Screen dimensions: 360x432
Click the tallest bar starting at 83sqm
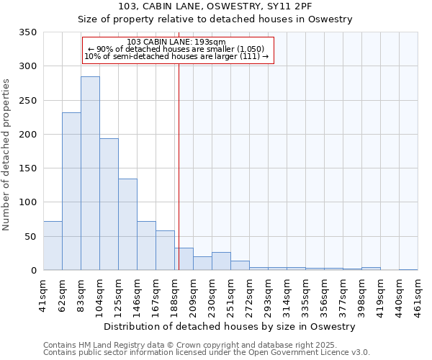tap(90, 173)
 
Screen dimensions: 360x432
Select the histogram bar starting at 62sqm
tap(71, 191)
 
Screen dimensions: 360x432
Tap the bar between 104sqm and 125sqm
tap(109, 204)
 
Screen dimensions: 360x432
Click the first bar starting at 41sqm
tap(53, 246)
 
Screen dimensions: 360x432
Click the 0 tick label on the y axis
tap(33, 271)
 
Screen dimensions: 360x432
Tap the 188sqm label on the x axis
tap(175, 294)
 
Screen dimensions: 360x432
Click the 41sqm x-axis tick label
tap(44, 294)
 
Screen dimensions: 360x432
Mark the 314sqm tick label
tap(287, 294)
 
